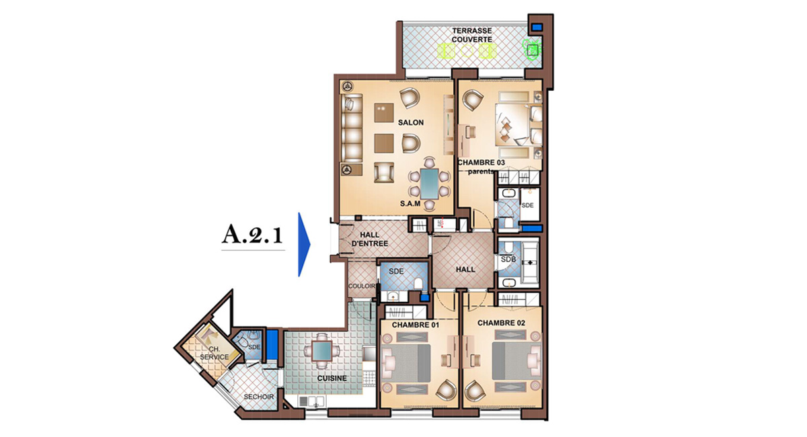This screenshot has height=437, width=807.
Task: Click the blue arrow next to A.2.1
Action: coord(304,245)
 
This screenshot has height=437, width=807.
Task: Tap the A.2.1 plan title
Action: coord(252,235)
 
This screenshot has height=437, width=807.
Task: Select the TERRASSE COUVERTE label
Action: coord(472,35)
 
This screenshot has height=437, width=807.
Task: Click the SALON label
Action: coord(411,122)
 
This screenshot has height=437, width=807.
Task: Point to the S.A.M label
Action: coord(410,204)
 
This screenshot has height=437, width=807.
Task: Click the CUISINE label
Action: coord(332,379)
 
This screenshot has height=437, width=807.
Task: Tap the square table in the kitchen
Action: coord(321,350)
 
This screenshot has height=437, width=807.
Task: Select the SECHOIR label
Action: coord(259,397)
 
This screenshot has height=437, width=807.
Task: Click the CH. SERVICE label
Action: coord(215,353)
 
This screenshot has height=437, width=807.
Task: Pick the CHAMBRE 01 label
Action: coord(416,325)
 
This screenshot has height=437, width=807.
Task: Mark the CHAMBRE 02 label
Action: coord(501,323)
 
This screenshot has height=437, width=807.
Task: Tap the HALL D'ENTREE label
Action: coord(370,239)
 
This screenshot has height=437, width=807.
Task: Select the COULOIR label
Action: coord(362,286)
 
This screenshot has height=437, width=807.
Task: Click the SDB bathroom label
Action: coord(508,259)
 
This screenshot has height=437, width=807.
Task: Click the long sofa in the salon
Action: coord(352,128)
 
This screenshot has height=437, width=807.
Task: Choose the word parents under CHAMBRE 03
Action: coord(480,171)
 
